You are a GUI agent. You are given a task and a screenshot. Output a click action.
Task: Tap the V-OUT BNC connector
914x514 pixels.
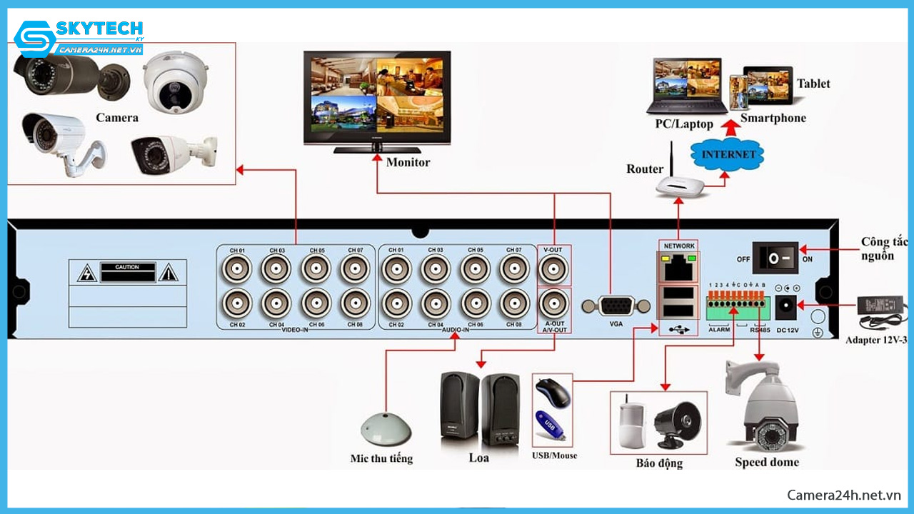pos(553,270)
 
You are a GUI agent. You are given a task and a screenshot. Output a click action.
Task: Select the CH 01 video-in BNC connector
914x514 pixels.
pos(237,270)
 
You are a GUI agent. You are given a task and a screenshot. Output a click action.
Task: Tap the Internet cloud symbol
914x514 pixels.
pos(728,154)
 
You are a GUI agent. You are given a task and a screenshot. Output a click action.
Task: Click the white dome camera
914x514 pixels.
pos(174,82)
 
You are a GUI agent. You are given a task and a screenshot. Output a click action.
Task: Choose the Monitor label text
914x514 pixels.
pos(408,162)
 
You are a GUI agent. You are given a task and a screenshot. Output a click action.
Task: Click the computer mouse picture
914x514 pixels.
pos(553,393)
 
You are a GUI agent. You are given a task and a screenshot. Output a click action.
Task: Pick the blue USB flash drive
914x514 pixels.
pos(551,427)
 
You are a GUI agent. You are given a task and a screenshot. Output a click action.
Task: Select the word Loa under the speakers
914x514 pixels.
pos(478,458)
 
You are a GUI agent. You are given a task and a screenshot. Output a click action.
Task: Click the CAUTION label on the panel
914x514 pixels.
pos(127,267)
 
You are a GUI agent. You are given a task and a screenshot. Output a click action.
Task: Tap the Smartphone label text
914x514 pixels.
pos(773,119)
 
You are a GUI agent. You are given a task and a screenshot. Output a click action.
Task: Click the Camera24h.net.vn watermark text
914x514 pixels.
pos(843,495)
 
